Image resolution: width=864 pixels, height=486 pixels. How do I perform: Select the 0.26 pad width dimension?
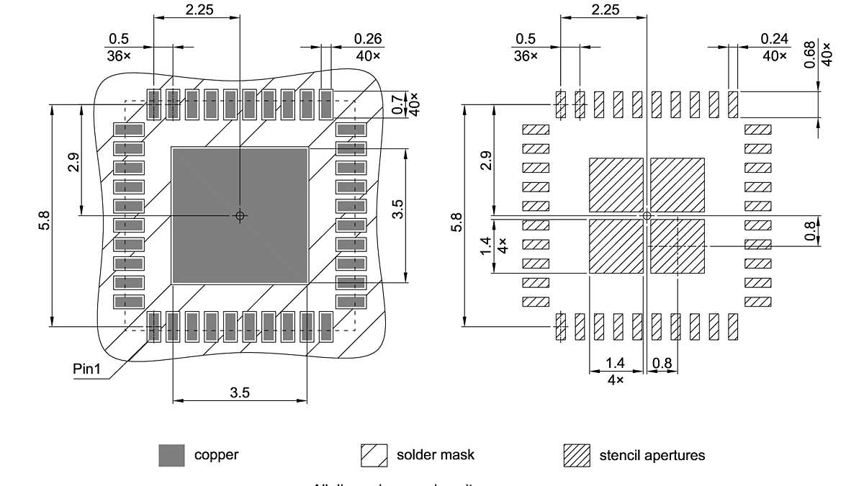[x=368, y=39]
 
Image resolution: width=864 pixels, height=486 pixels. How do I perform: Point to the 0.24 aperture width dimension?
[x=775, y=39]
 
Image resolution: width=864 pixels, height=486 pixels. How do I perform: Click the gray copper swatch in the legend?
[x=171, y=455]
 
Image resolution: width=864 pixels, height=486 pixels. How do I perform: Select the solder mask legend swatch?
[x=374, y=455]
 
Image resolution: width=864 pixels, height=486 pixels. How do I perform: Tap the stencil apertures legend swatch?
[x=577, y=455]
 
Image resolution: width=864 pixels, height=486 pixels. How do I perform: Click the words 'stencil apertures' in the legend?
[x=652, y=455]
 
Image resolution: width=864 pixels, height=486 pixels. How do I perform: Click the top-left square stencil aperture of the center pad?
[x=616, y=184]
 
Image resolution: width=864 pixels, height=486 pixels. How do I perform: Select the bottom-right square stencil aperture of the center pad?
[x=678, y=246]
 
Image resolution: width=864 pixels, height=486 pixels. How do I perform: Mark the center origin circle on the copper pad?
[x=240, y=215]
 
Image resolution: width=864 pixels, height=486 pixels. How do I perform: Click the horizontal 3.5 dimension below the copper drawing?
[x=240, y=393]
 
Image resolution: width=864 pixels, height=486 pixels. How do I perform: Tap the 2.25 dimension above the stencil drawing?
[x=604, y=9]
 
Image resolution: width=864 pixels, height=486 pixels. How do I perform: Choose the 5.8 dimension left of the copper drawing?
[x=44, y=220]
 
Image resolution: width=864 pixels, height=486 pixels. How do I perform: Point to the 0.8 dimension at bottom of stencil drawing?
[x=662, y=364]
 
